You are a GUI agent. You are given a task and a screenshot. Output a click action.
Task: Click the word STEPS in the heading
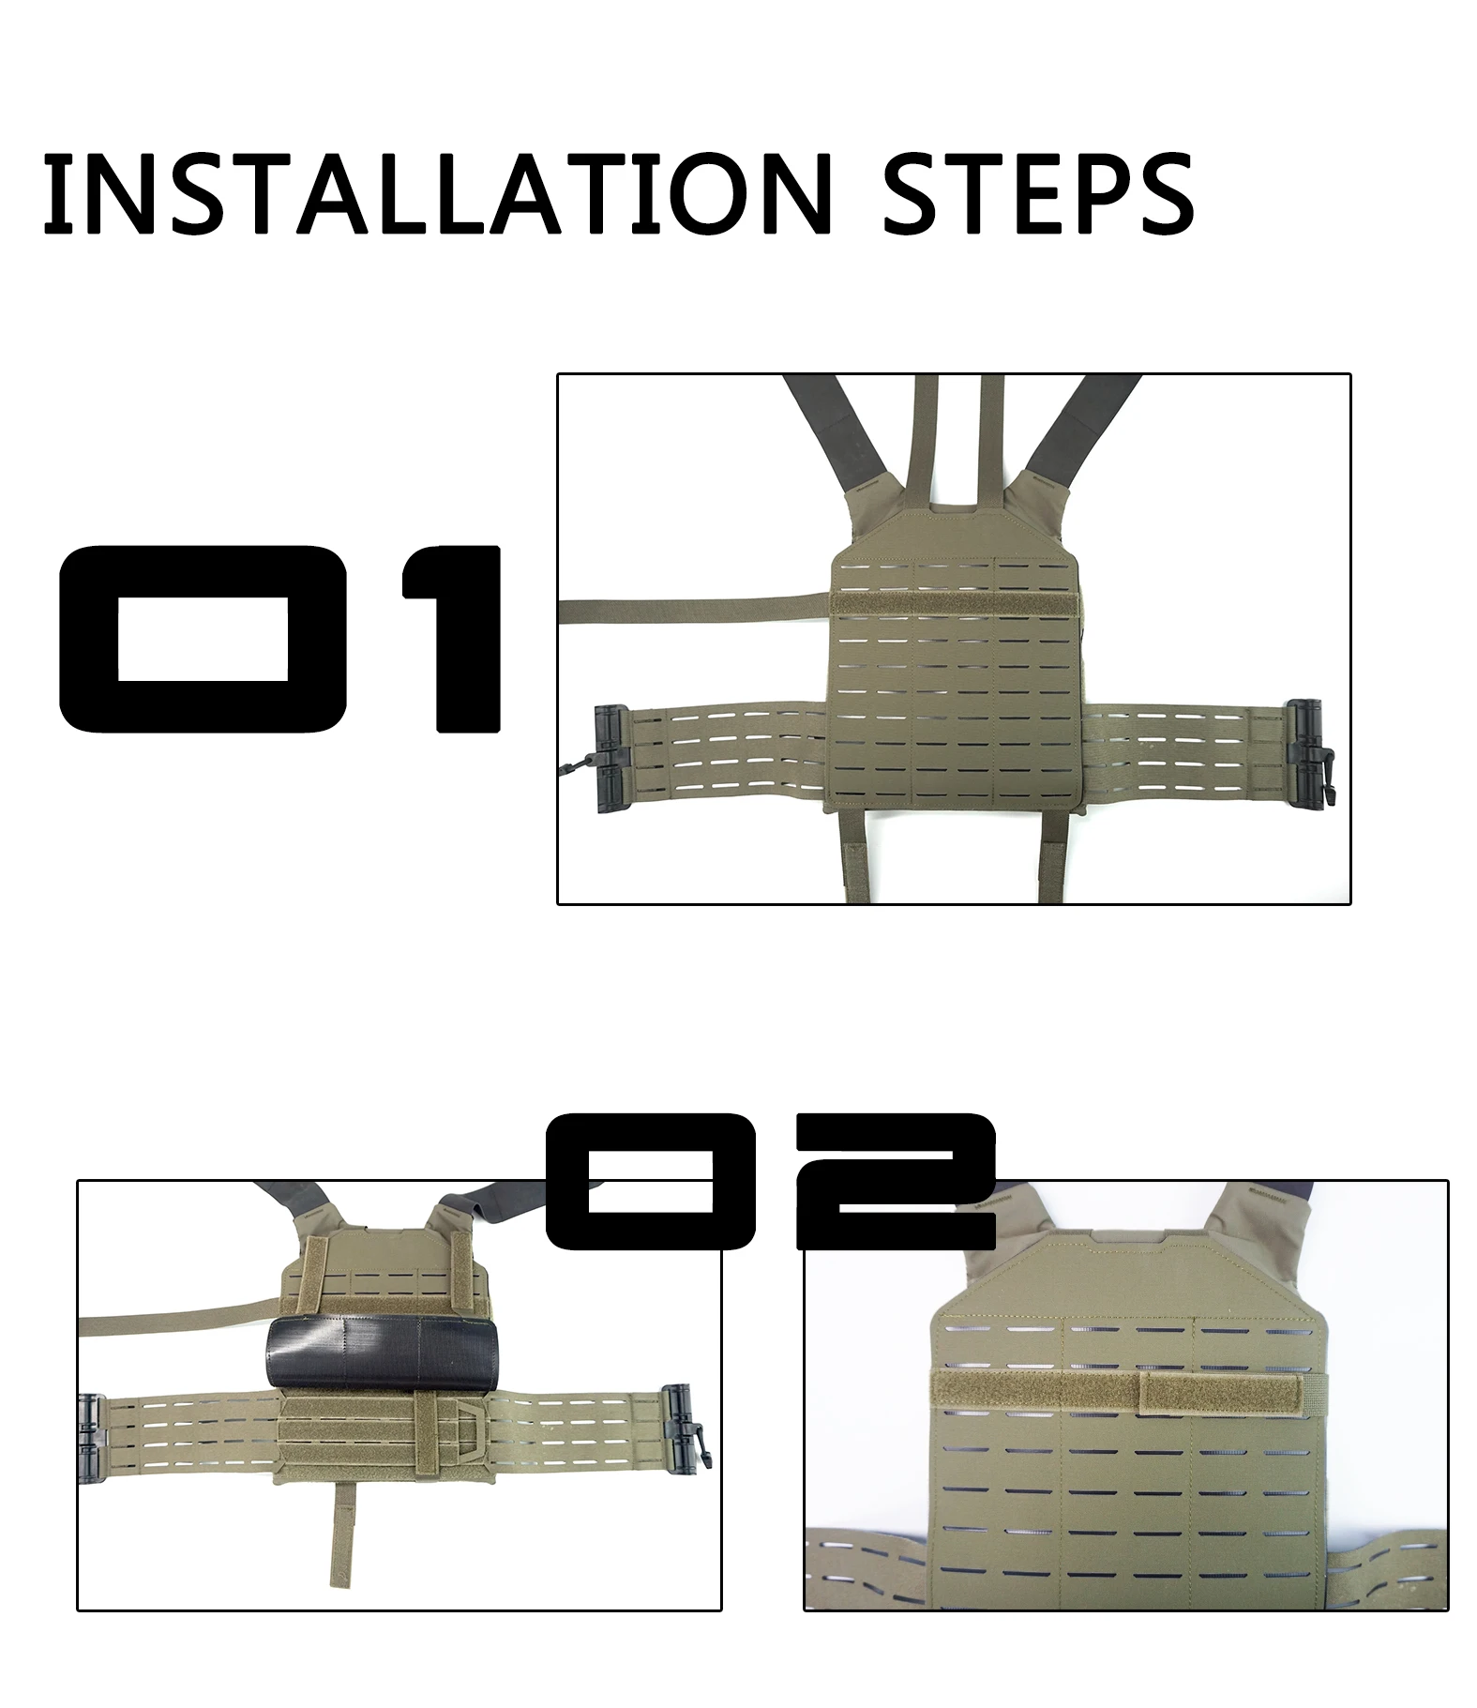click(1038, 195)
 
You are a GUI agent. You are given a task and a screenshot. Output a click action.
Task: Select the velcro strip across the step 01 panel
click(954, 603)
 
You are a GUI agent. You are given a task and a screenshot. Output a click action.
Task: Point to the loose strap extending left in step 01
click(694, 609)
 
